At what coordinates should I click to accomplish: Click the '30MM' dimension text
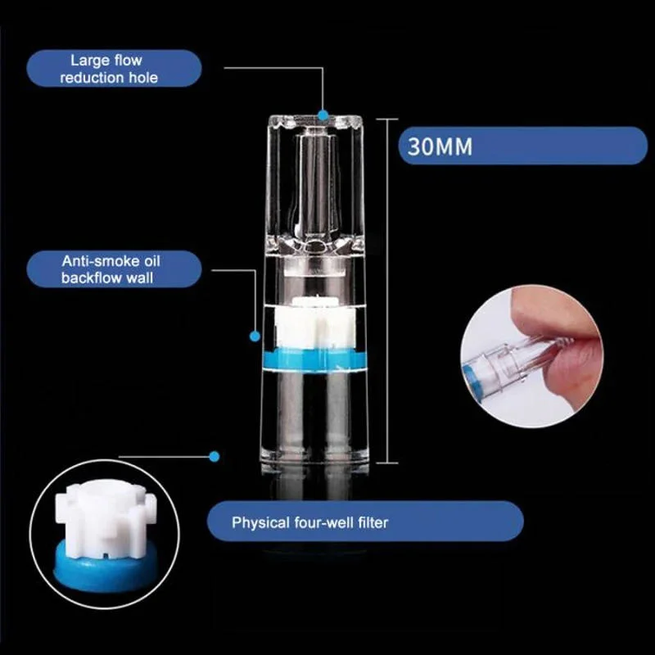click(440, 147)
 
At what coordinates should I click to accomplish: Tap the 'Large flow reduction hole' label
click(108, 69)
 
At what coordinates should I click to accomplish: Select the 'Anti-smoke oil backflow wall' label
click(111, 269)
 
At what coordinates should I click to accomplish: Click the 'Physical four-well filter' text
click(309, 522)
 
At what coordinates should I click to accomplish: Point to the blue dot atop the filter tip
click(323, 115)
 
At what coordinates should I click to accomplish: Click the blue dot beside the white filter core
click(255, 336)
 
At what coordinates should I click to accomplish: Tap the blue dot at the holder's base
click(214, 457)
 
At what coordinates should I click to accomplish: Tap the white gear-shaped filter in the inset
click(106, 519)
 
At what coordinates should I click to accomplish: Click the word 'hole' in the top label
click(143, 78)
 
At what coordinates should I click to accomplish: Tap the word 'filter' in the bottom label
click(373, 522)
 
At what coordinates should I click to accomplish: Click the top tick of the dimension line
click(387, 119)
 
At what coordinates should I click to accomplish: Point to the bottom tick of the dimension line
click(387, 463)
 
